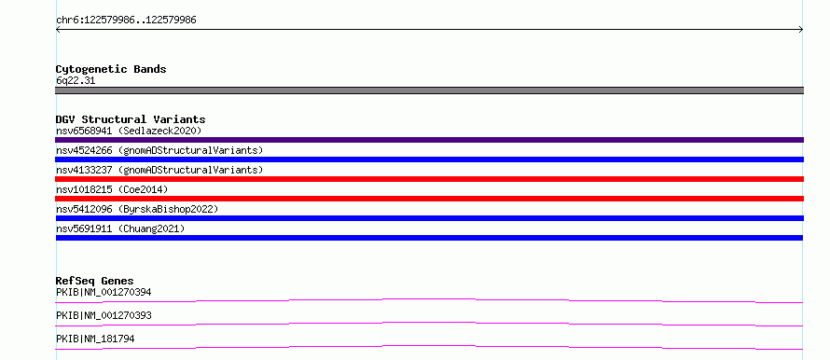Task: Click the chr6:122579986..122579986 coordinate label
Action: [x=126, y=21]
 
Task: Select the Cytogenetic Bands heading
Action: [x=111, y=69]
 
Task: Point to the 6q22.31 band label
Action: [x=76, y=81]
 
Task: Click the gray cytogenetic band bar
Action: [x=429, y=90]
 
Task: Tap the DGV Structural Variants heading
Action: [x=131, y=119]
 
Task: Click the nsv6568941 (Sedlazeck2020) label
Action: [x=129, y=131]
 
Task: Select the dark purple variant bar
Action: [x=429, y=140]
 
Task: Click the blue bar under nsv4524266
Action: [x=429, y=159]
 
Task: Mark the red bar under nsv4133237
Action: [x=429, y=179]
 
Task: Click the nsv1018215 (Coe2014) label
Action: [x=112, y=189]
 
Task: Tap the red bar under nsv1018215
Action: [x=429, y=199]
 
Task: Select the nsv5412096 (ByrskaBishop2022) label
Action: [x=137, y=209]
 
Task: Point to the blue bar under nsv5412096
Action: [x=429, y=218]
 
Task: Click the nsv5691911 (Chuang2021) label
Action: [x=120, y=228]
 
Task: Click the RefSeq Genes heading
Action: [x=95, y=281]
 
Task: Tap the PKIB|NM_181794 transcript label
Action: [x=95, y=339]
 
